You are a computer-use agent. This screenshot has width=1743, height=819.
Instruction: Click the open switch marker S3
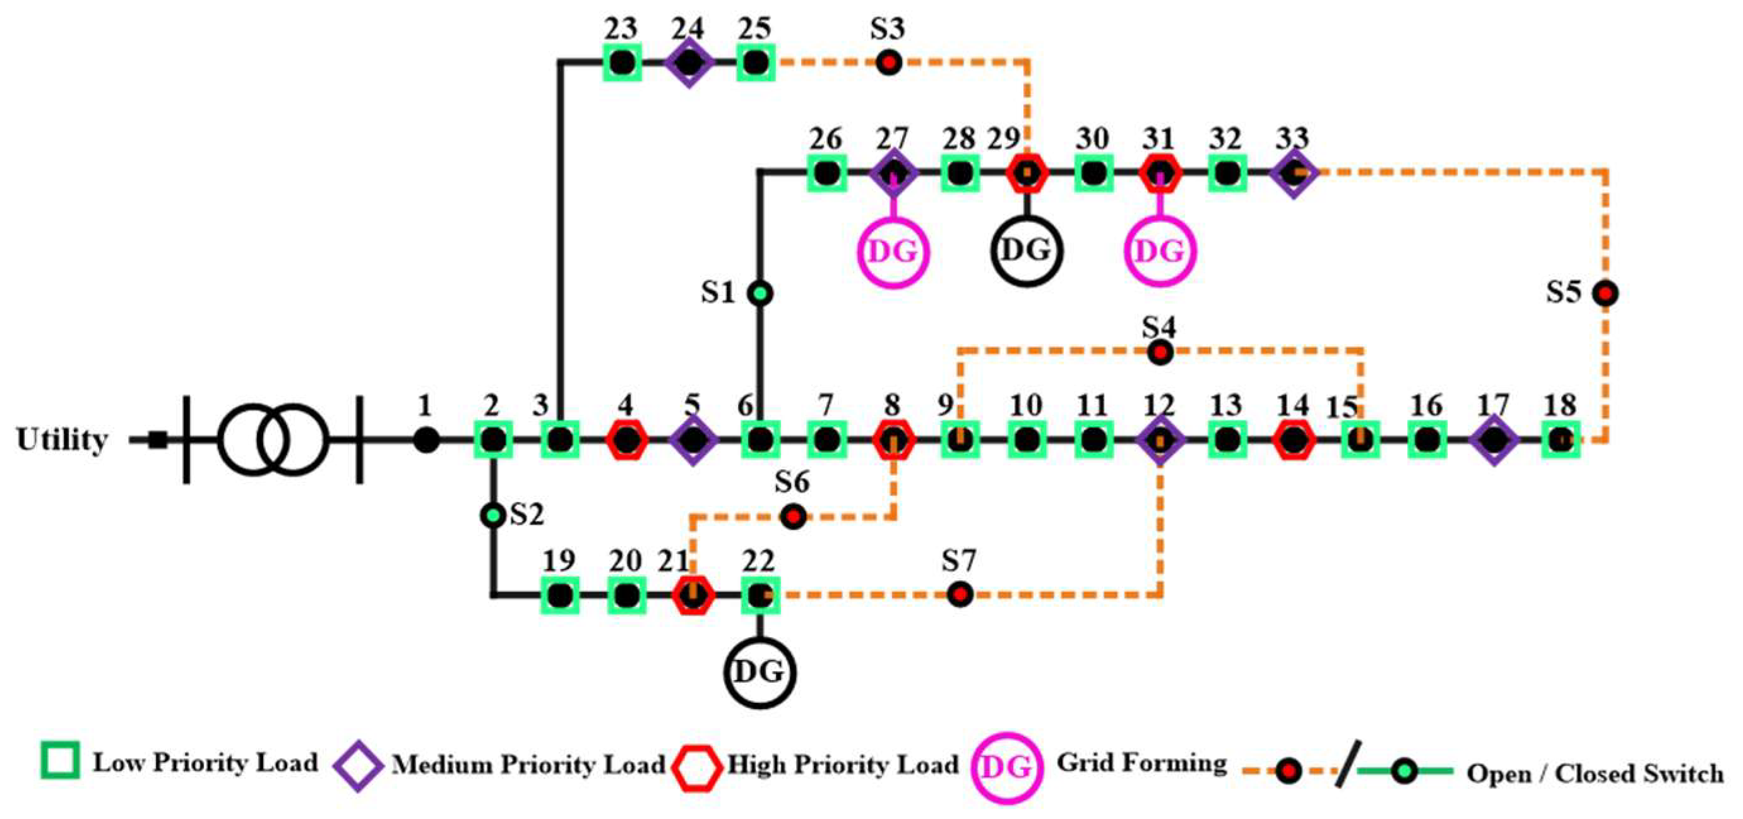tap(889, 63)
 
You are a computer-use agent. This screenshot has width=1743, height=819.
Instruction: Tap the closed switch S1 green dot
tap(760, 293)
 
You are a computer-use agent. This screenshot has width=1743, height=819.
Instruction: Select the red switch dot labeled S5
tap(1605, 293)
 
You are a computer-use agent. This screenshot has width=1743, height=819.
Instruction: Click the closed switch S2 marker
tap(493, 516)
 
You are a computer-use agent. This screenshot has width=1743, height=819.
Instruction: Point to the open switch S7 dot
tap(960, 594)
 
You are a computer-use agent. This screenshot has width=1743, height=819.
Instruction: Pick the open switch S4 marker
tap(1160, 352)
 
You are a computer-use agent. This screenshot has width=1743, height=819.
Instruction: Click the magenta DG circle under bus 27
tap(893, 252)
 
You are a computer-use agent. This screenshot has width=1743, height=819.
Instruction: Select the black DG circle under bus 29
tap(1026, 251)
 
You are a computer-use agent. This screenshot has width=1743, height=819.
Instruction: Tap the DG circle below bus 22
tap(759, 672)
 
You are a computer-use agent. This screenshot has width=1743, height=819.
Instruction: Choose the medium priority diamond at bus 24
tap(689, 63)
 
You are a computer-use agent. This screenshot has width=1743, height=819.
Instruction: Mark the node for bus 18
tap(1561, 440)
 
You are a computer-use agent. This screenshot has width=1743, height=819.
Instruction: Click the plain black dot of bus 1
tap(426, 440)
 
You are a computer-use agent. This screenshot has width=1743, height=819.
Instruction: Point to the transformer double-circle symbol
tap(274, 440)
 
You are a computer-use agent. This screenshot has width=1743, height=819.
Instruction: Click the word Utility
tap(62, 440)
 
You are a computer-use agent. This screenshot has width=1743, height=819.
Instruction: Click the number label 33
tap(1292, 138)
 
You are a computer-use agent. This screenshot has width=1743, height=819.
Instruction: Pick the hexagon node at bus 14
tap(1294, 440)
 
